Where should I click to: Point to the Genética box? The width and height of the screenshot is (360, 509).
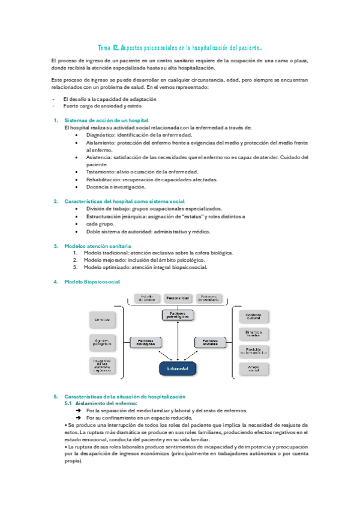101,319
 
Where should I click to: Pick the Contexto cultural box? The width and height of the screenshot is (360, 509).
253,316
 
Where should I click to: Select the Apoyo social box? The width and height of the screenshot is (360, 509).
253,369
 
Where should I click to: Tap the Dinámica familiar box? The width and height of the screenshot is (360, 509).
253,334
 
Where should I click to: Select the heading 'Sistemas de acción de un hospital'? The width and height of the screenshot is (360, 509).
106,120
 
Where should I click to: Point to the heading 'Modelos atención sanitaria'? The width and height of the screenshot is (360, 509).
97,245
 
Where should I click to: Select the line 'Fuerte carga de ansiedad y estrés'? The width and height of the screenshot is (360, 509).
102,106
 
